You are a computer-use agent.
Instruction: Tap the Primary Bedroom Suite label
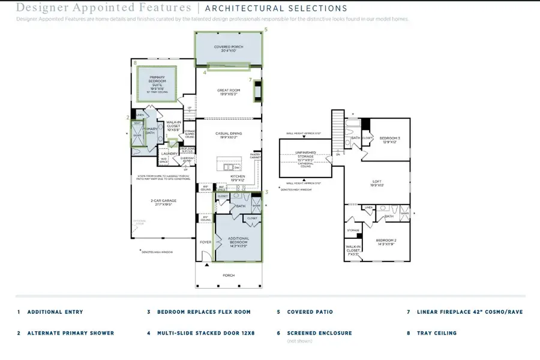tap(156, 83)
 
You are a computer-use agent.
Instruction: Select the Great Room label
tap(228, 92)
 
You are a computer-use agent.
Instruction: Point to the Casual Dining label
tap(228, 135)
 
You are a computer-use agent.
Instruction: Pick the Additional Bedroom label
tap(238, 241)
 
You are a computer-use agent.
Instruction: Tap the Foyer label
tap(205, 242)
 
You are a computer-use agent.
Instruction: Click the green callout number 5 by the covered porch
tap(266, 29)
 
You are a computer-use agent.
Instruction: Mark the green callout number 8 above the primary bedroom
tap(136, 62)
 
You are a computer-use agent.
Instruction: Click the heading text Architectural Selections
tap(276, 8)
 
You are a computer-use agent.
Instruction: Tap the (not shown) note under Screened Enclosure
tap(299, 341)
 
